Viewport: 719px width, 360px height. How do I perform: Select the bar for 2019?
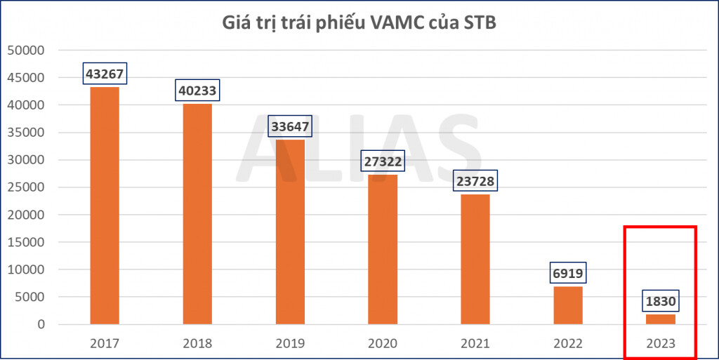[289, 232]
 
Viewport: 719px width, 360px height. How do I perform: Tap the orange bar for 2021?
[475, 259]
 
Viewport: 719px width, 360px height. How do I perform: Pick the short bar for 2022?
[568, 305]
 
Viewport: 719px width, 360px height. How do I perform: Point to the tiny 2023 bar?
[661, 319]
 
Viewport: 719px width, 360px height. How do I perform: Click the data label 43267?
[105, 74]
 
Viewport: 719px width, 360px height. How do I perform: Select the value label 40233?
[197, 91]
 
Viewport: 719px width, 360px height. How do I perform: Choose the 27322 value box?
[383, 161]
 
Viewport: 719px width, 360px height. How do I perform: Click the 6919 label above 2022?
[568, 274]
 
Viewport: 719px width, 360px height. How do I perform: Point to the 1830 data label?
[661, 302]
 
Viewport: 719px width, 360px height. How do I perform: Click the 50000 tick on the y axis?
[25, 51]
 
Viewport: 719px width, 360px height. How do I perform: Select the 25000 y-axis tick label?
[25, 187]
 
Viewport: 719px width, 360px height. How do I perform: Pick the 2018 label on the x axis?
[197, 344]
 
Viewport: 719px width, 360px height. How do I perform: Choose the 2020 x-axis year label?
[383, 344]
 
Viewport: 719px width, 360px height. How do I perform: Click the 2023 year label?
[661, 344]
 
